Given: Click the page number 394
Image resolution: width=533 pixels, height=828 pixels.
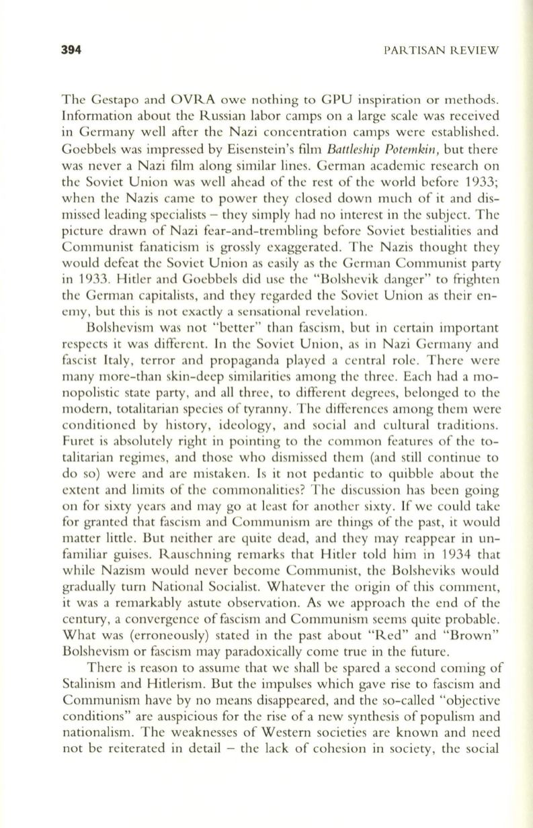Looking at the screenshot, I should tap(71, 50).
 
